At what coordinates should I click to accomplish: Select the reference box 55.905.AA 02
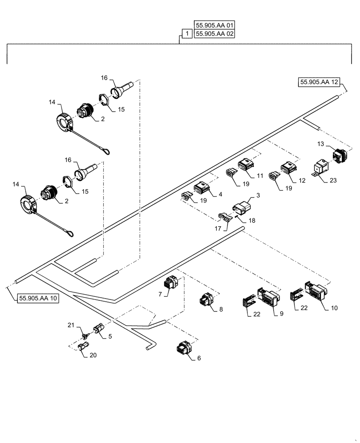pyautogui.click(x=215, y=34)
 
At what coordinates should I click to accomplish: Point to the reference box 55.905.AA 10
pyautogui.click(x=38, y=299)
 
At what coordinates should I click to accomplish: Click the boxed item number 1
pyautogui.click(x=187, y=34)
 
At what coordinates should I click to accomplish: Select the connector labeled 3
pyautogui.click(x=241, y=207)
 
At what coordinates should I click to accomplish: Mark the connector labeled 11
pyautogui.click(x=246, y=166)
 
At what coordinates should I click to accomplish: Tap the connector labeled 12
pyautogui.click(x=288, y=170)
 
